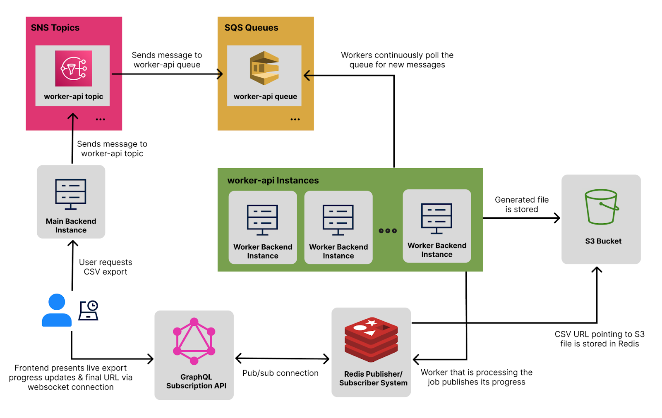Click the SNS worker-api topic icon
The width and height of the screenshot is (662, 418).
74,69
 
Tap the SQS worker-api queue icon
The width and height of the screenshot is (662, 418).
264,68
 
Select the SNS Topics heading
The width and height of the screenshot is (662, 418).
55,28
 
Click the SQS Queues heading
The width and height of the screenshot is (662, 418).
251,28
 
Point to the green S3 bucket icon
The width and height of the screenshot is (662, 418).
601,207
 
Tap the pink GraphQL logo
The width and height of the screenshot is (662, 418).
194,342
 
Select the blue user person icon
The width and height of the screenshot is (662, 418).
57,311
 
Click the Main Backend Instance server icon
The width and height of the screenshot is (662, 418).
71,194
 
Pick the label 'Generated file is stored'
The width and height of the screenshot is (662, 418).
521,205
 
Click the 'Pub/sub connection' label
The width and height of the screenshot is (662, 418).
280,373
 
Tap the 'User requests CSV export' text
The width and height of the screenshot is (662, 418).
106,267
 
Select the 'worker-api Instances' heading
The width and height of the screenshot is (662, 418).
273,181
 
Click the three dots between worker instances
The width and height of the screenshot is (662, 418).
388,231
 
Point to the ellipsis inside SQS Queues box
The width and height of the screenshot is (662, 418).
295,119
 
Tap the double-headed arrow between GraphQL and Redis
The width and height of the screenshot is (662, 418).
282,358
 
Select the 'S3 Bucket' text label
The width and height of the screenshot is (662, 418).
603,241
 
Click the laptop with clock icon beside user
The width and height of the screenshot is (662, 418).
89,311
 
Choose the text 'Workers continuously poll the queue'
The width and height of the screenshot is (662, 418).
397,60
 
